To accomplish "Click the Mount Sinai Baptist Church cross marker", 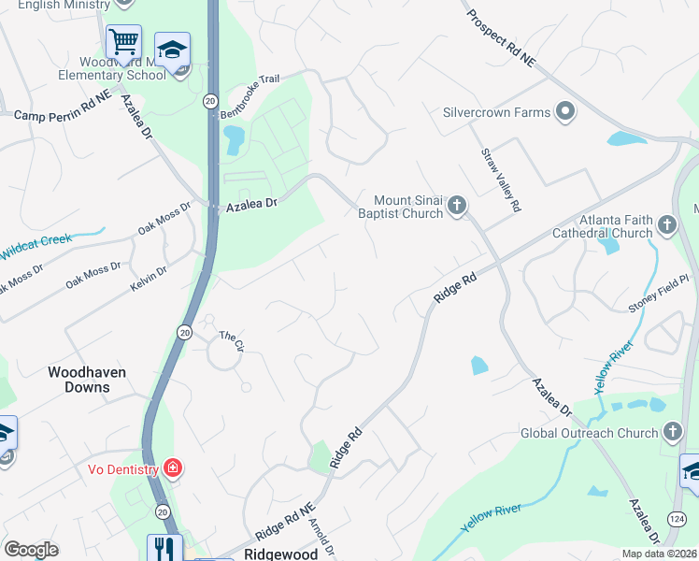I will tap(456, 206).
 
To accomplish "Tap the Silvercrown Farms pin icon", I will tap(564, 112).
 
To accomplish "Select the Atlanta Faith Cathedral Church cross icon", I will tap(666, 225).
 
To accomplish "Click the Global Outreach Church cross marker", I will tap(672, 432).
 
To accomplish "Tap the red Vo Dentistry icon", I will tap(171, 467).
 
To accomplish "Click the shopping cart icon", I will tap(123, 42).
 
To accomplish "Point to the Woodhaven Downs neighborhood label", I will tap(87, 380).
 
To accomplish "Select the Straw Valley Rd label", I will tap(500, 180).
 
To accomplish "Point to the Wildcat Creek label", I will tap(36, 247).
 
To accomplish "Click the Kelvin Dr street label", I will tap(149, 277).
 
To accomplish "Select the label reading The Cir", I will tap(231, 340).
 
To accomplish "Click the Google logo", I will tap(32, 550).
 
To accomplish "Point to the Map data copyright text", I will tap(659, 554).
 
